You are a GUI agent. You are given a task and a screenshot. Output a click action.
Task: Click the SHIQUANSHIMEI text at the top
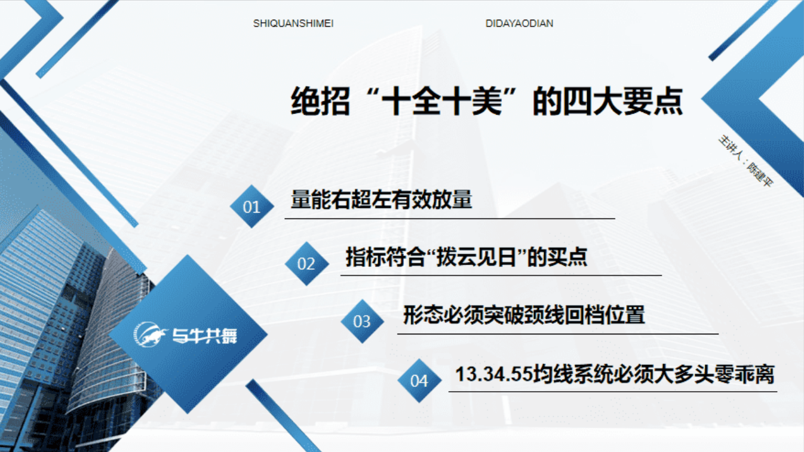point(293,24)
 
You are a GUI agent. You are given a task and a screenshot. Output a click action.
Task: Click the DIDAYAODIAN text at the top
point(519,24)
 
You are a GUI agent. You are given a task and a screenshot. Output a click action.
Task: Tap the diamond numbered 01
point(251,206)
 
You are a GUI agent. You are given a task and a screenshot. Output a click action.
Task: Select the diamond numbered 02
point(306,264)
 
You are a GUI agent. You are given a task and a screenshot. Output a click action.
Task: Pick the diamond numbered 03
point(362,321)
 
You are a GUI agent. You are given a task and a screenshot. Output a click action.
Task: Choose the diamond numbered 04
point(419,380)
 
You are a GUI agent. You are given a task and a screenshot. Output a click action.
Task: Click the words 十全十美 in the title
point(442,102)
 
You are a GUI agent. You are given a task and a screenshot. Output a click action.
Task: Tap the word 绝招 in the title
point(320,102)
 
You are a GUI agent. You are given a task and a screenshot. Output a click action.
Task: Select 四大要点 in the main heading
point(623,102)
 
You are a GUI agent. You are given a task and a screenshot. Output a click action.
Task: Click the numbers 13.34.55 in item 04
point(494,374)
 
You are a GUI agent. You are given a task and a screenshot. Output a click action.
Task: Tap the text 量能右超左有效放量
point(381,199)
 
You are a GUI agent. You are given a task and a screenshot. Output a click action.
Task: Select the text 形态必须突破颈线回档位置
point(524,315)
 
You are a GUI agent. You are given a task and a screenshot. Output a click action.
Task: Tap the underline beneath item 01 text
point(450,218)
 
